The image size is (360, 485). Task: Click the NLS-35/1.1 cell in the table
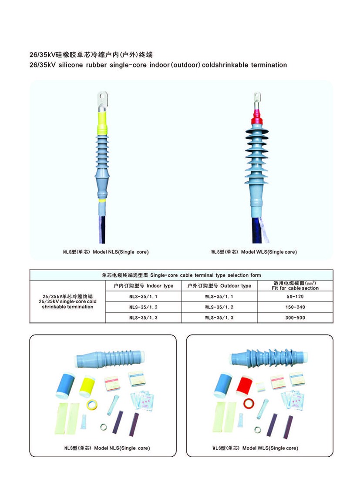click(143, 296)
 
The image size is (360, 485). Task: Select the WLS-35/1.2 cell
click(219, 307)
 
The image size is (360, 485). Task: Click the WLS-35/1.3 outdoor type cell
click(219, 318)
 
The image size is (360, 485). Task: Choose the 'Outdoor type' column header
click(219, 286)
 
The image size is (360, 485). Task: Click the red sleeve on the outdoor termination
click(256, 115)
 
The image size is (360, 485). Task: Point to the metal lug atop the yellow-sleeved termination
click(102, 98)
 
